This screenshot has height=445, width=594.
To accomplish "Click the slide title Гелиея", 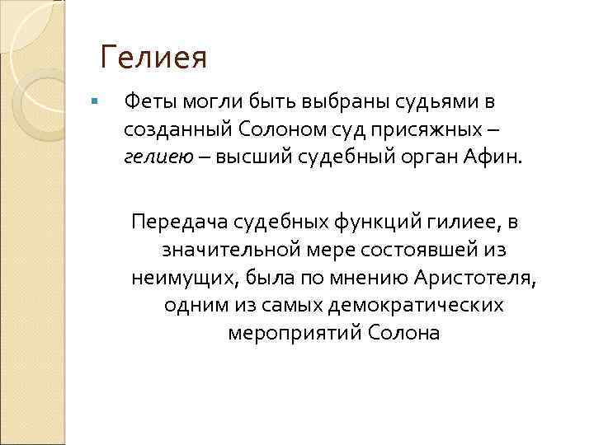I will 153,59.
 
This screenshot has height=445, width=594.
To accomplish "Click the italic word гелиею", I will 154,157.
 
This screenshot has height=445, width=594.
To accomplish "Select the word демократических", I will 417,305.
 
